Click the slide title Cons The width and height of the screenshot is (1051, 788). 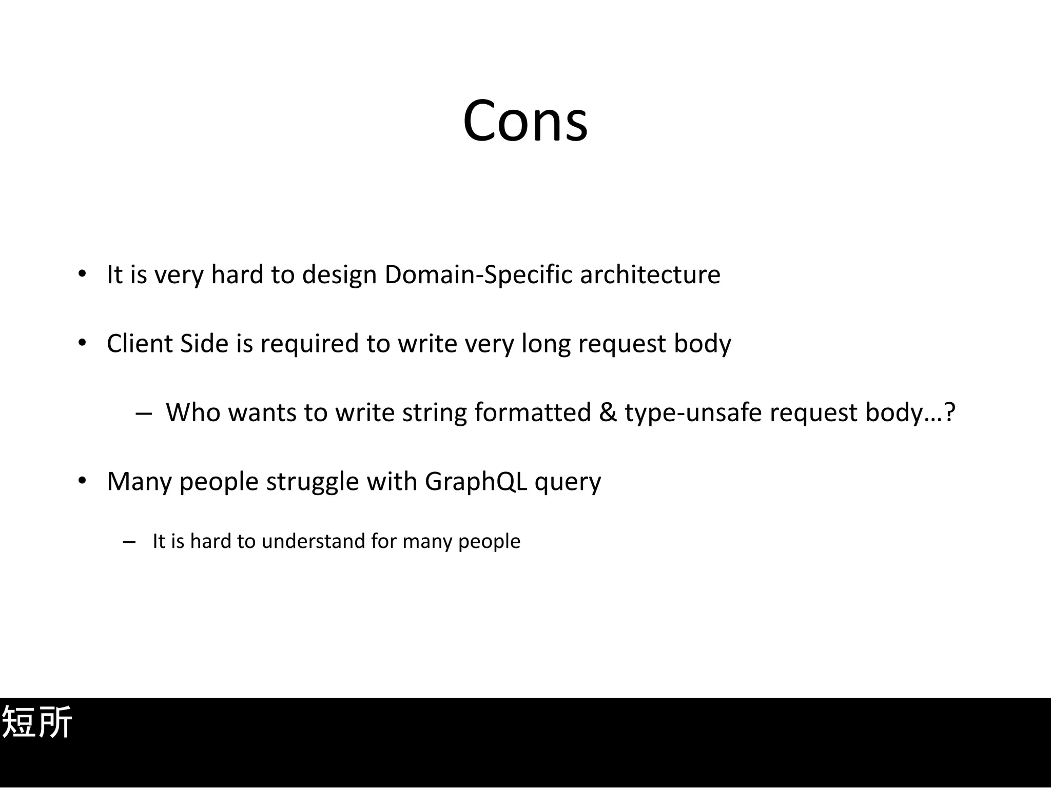pos(525,121)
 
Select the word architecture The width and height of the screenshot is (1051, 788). pos(650,274)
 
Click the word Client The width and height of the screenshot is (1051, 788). pos(139,343)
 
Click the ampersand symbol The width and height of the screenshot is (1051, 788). pos(608,412)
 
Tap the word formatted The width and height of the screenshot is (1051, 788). pos(533,412)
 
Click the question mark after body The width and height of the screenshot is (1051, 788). pos(950,412)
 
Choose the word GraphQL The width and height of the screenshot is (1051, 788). pos(476,482)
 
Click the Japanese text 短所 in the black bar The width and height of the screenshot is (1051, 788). pos(37,722)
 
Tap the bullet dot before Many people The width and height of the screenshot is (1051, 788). pos(82,481)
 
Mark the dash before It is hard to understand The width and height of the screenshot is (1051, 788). pos(129,542)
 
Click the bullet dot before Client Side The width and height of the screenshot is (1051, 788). pos(82,343)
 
